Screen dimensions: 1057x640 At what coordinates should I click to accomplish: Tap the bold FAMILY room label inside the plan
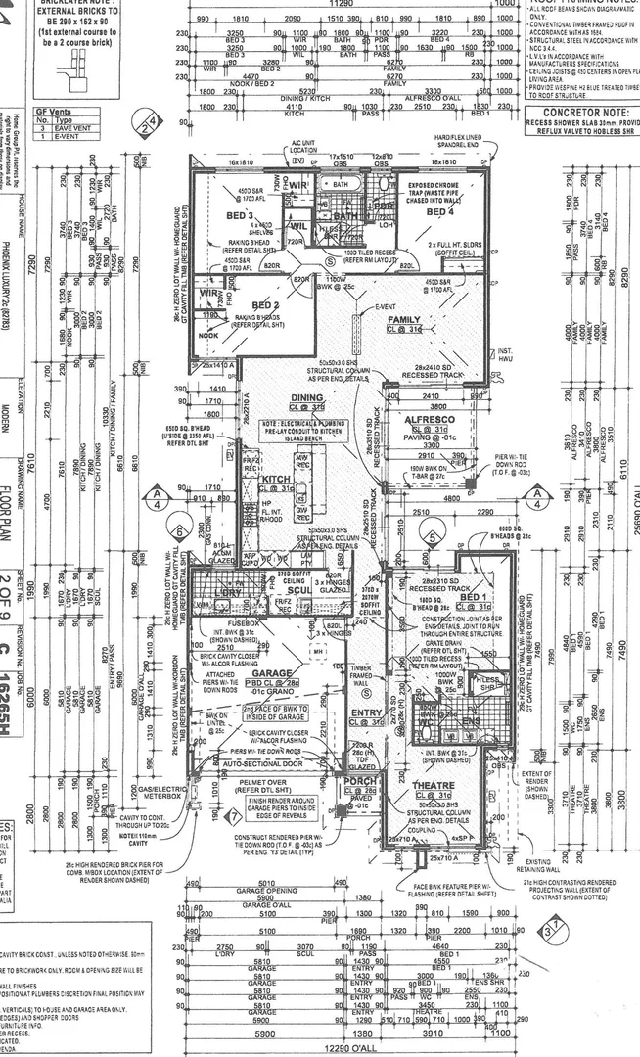click(404, 320)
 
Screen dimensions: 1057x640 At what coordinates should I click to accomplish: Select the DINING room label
click(306, 398)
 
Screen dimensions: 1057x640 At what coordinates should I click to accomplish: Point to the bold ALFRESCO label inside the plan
click(428, 418)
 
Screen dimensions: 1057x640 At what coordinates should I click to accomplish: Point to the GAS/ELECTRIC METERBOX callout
click(160, 792)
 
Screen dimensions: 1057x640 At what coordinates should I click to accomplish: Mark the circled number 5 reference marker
click(432, 537)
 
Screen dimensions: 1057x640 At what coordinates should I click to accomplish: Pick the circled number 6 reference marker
click(179, 531)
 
